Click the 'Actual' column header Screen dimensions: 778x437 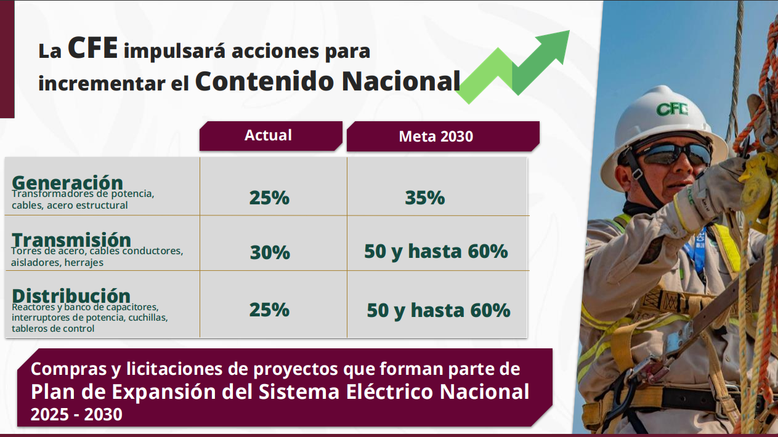click(x=268, y=135)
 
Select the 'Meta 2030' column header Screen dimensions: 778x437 click(x=436, y=137)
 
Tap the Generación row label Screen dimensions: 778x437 click(x=67, y=182)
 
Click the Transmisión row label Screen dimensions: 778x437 click(x=71, y=239)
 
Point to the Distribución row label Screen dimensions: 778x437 click(x=71, y=295)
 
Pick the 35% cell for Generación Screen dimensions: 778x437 click(x=425, y=198)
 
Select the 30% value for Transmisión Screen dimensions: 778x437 click(x=270, y=252)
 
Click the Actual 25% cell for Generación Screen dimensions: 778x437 click(x=269, y=198)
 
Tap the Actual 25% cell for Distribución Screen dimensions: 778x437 click(x=269, y=310)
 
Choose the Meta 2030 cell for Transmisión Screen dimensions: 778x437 click(x=436, y=251)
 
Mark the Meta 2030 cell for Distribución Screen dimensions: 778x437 click(x=439, y=310)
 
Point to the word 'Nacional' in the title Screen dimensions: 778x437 click(x=401, y=81)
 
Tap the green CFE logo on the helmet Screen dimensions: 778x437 click(x=672, y=110)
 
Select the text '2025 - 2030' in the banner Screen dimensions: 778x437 click(x=76, y=414)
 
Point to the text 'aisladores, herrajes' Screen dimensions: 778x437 click(x=57, y=262)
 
